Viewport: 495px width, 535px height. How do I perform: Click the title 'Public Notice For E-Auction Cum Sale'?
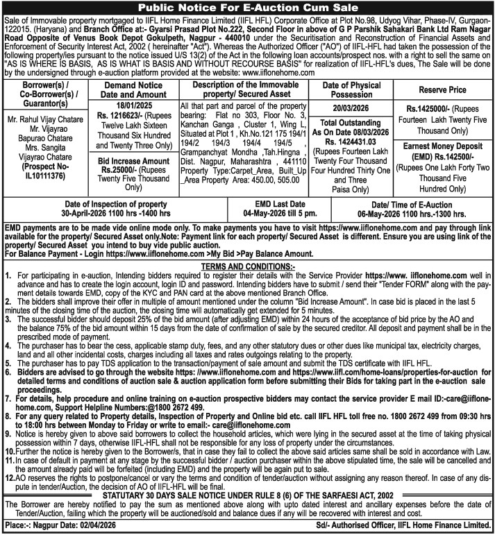247,8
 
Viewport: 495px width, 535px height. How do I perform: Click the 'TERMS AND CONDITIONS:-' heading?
246,265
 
